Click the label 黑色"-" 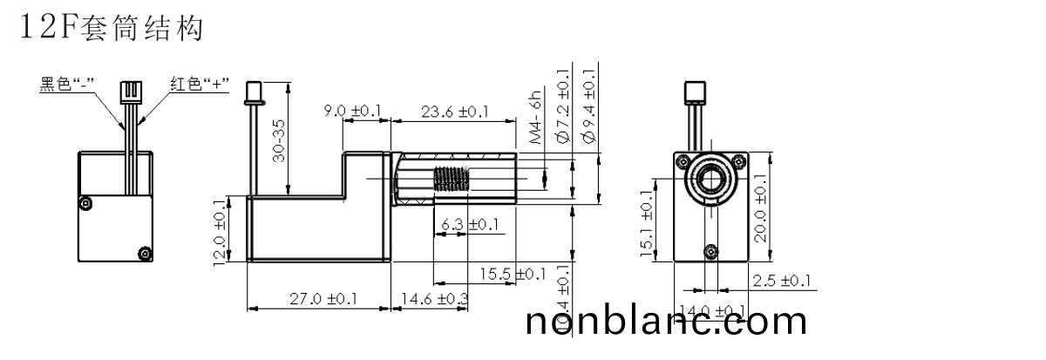pyautogui.click(x=67, y=85)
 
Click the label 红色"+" pyautogui.click(x=199, y=85)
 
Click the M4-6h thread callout pyautogui.click(x=537, y=116)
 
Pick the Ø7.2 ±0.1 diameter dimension pyautogui.click(x=562, y=106)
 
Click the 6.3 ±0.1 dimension pyautogui.click(x=471, y=226)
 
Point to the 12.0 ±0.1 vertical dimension pyautogui.click(x=220, y=228)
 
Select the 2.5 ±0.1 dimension pyautogui.click(x=782, y=281)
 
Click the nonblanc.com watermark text pyautogui.click(x=667, y=322)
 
